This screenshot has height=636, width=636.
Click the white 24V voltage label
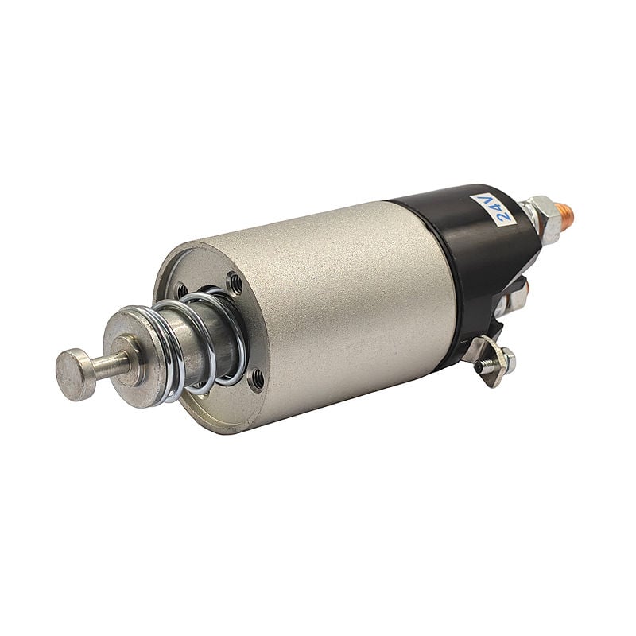[x=493, y=209]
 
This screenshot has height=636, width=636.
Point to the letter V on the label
[x=486, y=200]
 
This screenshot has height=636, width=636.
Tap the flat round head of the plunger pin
[x=76, y=374]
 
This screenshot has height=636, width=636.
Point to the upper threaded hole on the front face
[x=235, y=281]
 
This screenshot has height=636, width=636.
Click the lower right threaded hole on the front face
[x=257, y=379]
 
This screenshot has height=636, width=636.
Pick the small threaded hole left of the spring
[x=182, y=289]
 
